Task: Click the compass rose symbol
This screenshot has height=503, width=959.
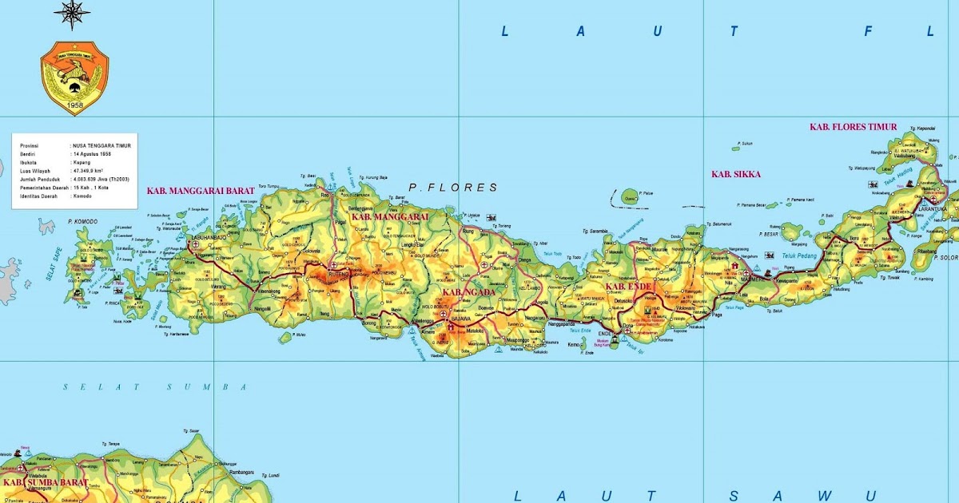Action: click(x=72, y=14)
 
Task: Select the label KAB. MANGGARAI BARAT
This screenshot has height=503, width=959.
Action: click(x=201, y=191)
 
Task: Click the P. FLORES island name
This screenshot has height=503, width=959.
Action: click(x=452, y=188)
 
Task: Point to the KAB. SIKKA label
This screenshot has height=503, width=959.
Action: click(x=736, y=174)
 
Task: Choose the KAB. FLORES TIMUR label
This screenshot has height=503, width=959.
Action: click(x=853, y=127)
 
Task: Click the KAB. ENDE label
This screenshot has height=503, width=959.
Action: click(x=629, y=286)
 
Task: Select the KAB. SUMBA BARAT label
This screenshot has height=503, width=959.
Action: click(x=33, y=483)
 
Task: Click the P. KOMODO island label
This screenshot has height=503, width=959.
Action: click(x=82, y=221)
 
